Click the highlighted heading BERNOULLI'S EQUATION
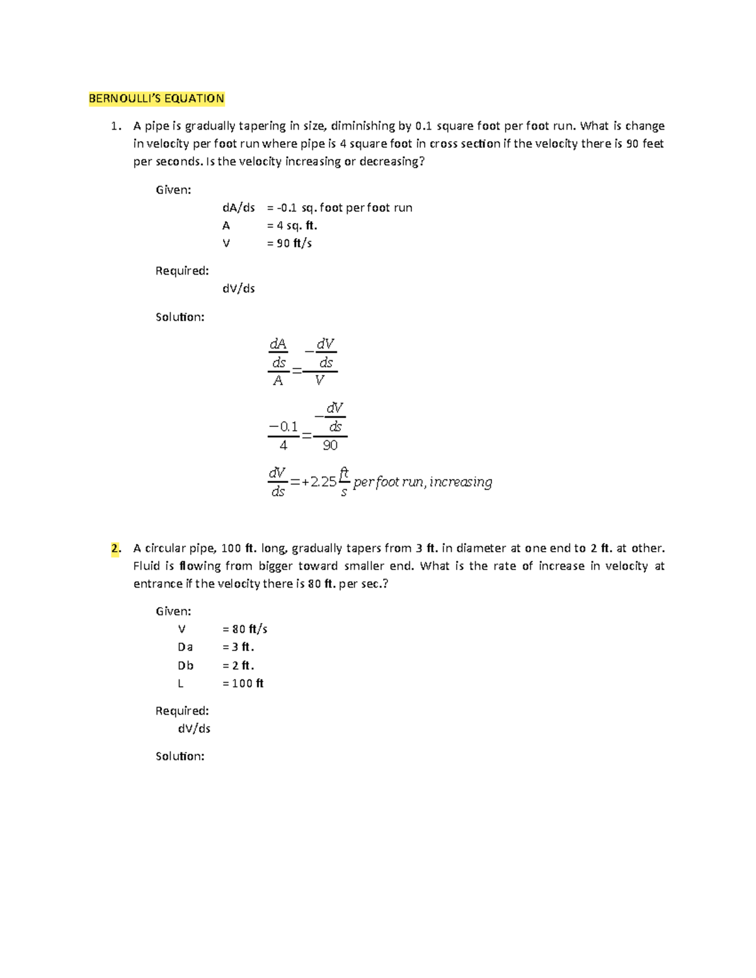[156, 98]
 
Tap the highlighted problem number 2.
[115, 548]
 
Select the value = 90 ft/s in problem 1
[289, 243]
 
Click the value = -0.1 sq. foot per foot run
[340, 208]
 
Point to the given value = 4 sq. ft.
[292, 225]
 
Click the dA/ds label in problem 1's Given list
[238, 208]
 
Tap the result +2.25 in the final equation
[319, 482]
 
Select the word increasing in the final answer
[461, 482]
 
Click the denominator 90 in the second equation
[330, 445]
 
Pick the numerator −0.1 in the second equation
[283, 426]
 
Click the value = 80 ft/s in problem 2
[245, 628]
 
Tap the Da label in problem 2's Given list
[185, 647]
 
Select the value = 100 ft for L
[243, 683]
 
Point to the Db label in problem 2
[185, 666]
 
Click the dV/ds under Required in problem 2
[194, 729]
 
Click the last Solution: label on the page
[180, 756]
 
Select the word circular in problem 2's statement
[166, 548]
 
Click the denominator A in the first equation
[278, 381]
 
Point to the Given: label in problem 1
[173, 190]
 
